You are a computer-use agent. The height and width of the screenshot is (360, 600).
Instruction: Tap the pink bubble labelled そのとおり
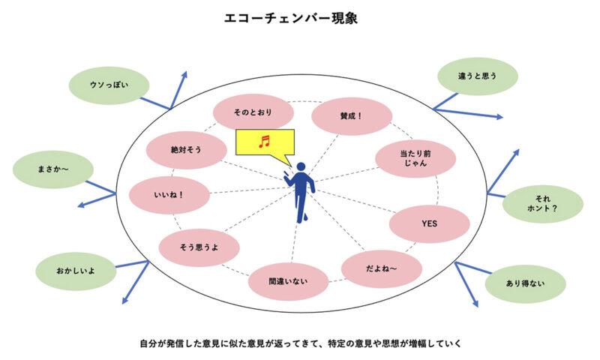point(253,112)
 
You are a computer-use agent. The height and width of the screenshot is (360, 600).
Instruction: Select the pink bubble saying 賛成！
point(351,116)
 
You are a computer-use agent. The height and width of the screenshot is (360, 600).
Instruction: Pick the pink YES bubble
point(429,223)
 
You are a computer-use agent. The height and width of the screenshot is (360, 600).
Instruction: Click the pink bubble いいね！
point(169,195)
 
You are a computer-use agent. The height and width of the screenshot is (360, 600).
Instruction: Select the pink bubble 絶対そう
point(186,150)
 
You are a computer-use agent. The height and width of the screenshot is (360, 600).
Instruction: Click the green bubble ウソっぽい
point(109,85)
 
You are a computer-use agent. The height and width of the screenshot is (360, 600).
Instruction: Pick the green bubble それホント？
point(542,204)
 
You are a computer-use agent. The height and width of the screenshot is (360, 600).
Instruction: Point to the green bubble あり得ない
point(525,283)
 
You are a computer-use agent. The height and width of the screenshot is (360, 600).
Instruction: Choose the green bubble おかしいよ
point(76,268)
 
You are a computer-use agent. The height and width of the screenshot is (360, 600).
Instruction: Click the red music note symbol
point(263,141)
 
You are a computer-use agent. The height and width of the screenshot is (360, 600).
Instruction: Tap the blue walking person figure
point(301,190)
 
